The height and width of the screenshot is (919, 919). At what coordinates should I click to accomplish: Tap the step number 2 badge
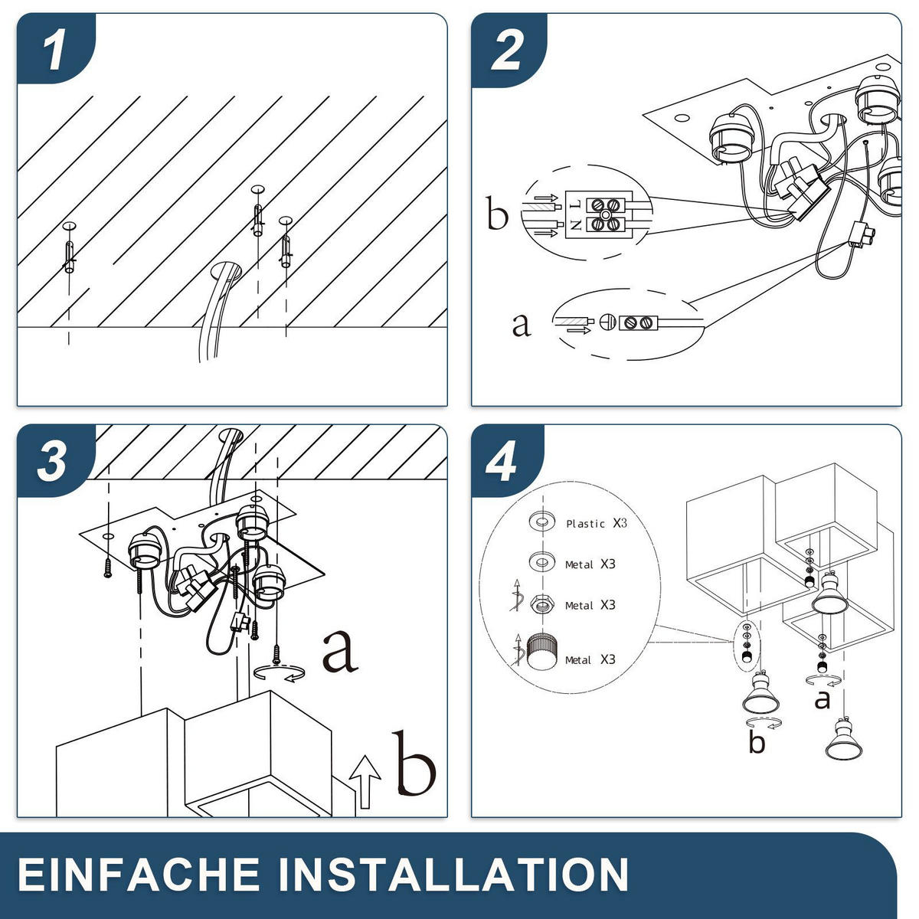[508, 50]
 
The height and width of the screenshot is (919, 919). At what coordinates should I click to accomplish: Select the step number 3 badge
[54, 461]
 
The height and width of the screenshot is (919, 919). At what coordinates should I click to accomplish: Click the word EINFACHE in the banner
[139, 874]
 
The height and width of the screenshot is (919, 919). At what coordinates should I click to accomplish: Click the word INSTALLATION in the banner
[454, 874]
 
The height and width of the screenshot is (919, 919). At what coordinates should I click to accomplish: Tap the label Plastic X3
[596, 523]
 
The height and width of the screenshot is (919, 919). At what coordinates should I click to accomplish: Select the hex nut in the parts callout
[542, 605]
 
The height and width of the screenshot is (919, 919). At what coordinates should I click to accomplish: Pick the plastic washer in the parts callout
[542, 522]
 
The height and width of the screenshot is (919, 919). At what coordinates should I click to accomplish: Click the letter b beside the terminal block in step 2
[497, 212]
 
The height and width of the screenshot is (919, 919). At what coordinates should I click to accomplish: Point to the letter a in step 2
[521, 325]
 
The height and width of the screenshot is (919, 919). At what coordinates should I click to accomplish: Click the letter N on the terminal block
[576, 224]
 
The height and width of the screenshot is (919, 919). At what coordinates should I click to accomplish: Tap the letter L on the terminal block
[577, 204]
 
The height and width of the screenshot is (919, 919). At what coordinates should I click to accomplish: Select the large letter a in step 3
[339, 652]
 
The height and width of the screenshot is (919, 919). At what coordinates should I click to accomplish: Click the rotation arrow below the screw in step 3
[279, 672]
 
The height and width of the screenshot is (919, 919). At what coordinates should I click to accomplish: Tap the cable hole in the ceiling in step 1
[226, 271]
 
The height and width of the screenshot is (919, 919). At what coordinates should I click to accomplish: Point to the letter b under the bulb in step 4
[757, 742]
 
